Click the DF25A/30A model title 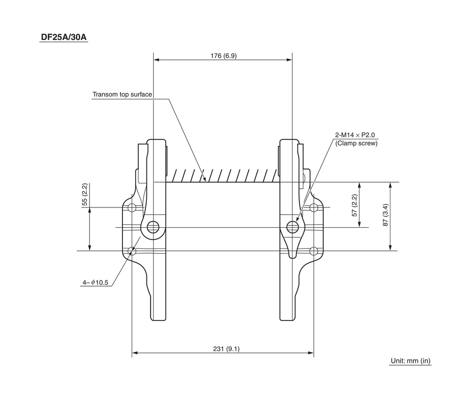(64, 37)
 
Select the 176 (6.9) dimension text (223, 56)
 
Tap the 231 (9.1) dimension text (226, 349)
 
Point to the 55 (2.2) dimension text (85, 194)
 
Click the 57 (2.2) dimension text (355, 205)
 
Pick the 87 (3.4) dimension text (385, 215)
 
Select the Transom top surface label (122, 95)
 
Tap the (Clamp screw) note (356, 144)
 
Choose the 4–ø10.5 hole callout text (96, 283)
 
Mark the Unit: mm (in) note (410, 361)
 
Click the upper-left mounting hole (132, 207)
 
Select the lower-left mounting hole (132, 251)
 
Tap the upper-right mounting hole (314, 207)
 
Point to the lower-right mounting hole (314, 251)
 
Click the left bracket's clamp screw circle (153, 228)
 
